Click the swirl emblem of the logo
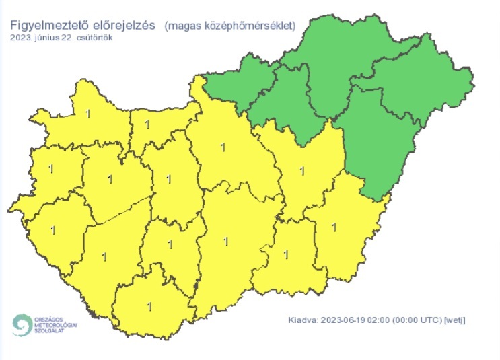(21, 325)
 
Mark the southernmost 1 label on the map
(149, 307)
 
